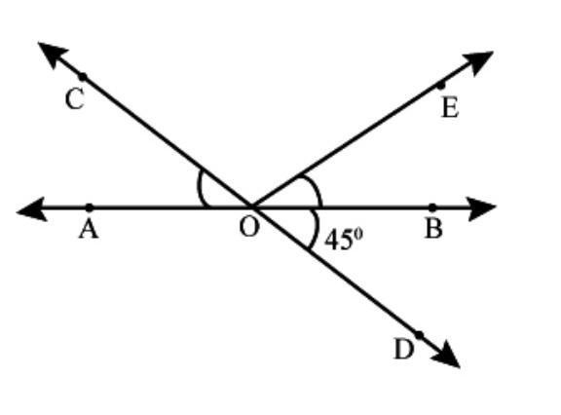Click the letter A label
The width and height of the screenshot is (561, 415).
89,229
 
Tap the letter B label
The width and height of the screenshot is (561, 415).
434,229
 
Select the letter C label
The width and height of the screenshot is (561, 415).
75,99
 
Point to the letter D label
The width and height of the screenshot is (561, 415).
404,349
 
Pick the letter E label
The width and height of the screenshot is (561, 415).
450,108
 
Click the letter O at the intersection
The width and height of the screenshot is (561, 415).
248,227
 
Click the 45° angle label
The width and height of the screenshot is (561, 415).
344,239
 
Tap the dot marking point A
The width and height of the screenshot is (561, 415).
89,207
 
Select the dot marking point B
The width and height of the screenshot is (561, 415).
432,207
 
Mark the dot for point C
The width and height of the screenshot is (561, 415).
82,77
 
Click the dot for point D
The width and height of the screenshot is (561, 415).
419,335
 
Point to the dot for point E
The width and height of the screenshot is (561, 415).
441,86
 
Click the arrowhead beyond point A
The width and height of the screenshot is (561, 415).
31,209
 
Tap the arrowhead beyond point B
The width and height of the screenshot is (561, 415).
482,208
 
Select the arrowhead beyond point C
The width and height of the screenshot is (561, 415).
53,55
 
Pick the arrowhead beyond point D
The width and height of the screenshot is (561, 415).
446,354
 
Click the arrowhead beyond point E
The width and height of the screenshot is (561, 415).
478,62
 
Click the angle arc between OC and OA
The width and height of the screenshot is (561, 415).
199,188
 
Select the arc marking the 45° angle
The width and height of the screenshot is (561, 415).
316,229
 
